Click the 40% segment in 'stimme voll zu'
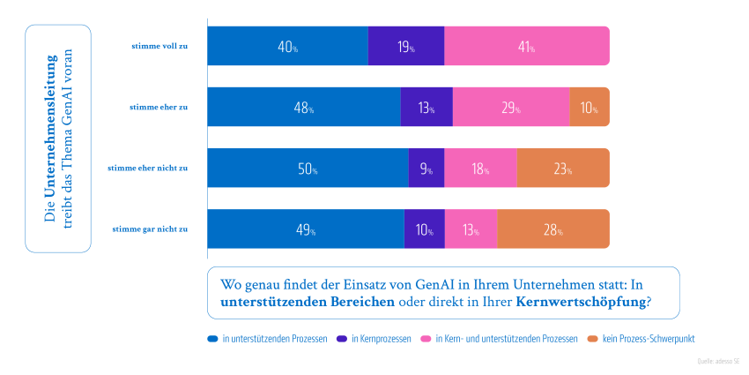[x=287, y=47]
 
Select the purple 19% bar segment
[x=405, y=47]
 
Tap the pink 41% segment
[x=526, y=47]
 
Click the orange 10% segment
[x=589, y=108]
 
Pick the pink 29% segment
[x=510, y=108]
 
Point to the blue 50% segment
[x=308, y=169]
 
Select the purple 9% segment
[x=426, y=169]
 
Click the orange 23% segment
[x=562, y=169]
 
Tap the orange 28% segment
[x=552, y=229]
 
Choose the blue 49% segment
[x=305, y=229]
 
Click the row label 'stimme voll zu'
[x=158, y=46]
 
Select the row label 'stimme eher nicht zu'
[x=147, y=168]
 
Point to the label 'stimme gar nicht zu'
[x=150, y=229]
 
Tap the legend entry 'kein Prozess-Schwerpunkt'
[x=648, y=339]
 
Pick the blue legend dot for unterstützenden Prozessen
[x=212, y=339]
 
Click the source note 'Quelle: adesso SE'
[x=715, y=361]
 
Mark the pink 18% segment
[x=479, y=169]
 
